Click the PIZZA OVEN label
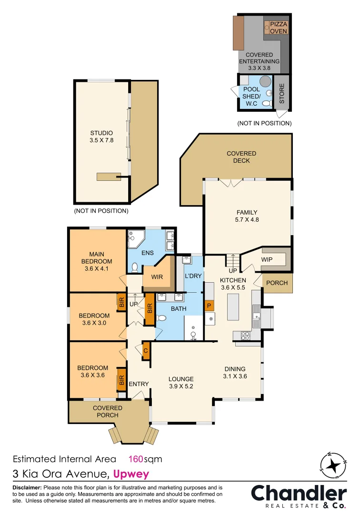click(x=279, y=28)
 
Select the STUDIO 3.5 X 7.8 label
click(x=101, y=137)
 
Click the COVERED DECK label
click(x=241, y=157)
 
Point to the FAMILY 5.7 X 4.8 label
click(x=247, y=216)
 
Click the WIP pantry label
click(x=267, y=260)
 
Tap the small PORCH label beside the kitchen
click(x=277, y=283)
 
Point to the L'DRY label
click(x=194, y=277)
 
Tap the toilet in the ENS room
click(x=135, y=267)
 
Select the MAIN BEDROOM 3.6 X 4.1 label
click(x=97, y=261)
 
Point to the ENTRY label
click(x=139, y=384)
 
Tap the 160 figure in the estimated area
click(x=136, y=459)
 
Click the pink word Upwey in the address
click(x=131, y=474)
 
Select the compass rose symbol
click(x=333, y=465)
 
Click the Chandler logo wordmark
click(x=299, y=494)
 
